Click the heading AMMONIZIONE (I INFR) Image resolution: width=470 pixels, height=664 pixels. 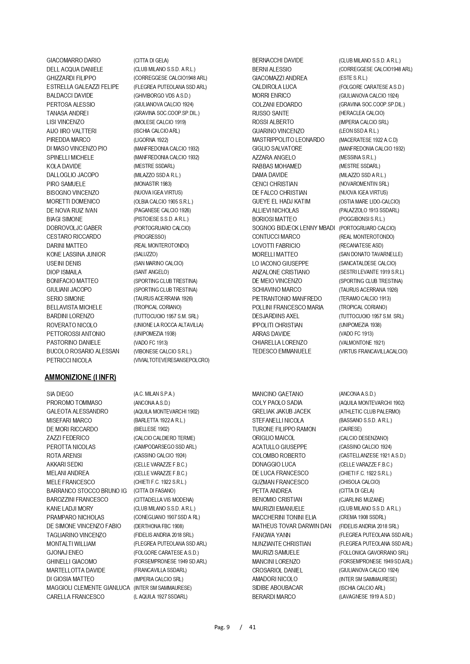point(80,377)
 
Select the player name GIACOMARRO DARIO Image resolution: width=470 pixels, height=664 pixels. point(73,61)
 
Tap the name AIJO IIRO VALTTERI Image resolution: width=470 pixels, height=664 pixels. point(72,131)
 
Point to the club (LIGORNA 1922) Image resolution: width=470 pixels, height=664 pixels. point(151,140)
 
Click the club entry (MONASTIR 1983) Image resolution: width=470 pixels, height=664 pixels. point(152,184)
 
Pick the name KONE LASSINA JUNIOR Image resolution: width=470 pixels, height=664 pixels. point(76,254)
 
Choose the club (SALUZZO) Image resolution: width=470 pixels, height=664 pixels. point(145,254)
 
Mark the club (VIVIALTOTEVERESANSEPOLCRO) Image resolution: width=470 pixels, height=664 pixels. point(171,360)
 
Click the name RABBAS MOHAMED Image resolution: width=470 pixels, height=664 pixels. point(277,166)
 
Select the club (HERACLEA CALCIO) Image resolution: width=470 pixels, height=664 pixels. point(361,113)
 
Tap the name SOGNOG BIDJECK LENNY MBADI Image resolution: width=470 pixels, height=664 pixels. point(294,228)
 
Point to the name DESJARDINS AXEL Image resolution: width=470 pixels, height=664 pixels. point(276,316)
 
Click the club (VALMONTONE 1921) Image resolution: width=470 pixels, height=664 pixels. point(362,343)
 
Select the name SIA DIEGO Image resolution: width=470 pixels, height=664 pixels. point(60,394)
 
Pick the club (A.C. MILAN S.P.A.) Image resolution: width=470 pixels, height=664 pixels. point(154,394)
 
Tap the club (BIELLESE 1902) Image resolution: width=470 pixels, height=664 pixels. point(151,429)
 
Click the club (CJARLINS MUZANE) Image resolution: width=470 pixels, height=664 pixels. point(361,500)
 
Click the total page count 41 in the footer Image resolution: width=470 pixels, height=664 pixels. point(252,627)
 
